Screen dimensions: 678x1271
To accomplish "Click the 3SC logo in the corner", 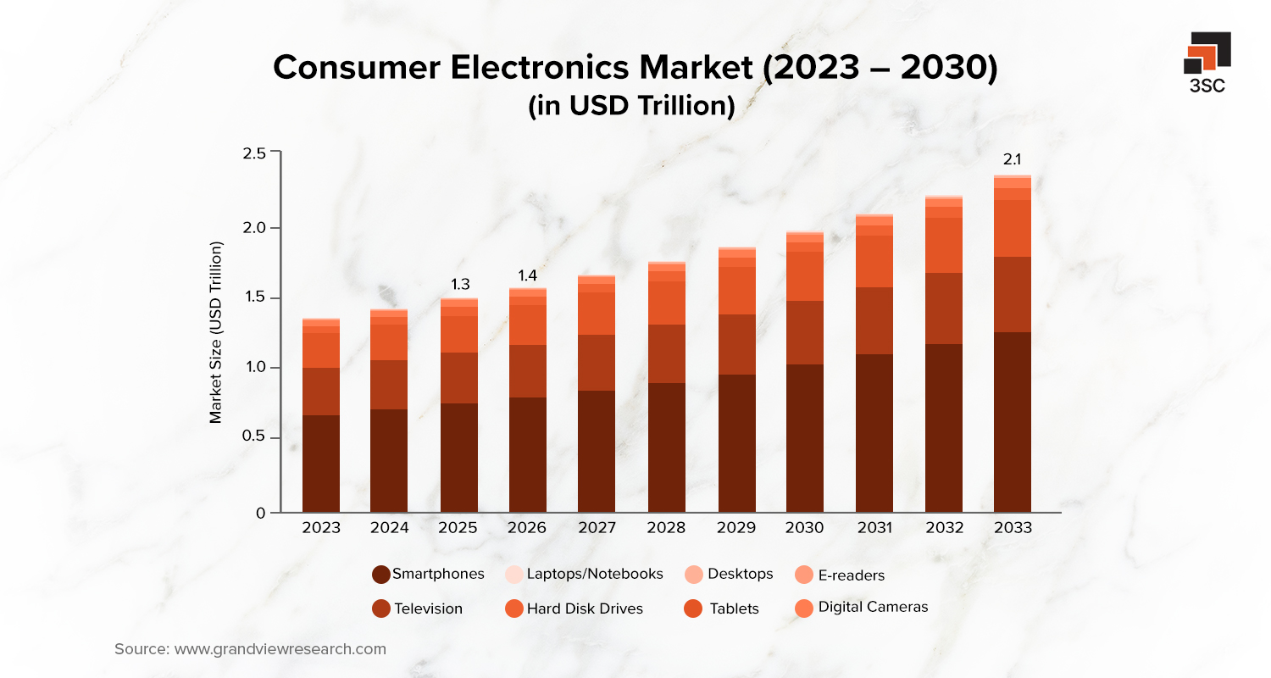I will pos(1207,61).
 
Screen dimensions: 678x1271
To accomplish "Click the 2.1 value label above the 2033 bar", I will pos(1013,158).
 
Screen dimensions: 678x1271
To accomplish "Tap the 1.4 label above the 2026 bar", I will pos(528,275).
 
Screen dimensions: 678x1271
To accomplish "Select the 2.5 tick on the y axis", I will pos(255,153).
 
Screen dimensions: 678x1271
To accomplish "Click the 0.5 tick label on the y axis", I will pos(255,438).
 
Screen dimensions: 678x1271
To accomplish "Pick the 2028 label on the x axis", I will pos(666,528).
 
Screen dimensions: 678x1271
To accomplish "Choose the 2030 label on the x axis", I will pos(804,528).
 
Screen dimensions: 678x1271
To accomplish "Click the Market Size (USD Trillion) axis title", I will pos(216,332).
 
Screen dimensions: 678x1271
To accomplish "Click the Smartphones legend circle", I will pos(381,575).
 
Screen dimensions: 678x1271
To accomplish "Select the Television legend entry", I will pos(418,609).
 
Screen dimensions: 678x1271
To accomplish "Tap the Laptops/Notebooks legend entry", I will pos(584,575).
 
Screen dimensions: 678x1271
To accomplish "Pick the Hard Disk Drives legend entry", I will pos(574,609).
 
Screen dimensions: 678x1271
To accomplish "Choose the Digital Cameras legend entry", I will pos(862,608).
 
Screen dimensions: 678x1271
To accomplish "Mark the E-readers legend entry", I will pos(841,575).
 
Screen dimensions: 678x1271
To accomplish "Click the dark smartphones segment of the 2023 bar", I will pos(320,464).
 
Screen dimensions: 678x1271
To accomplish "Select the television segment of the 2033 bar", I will pos(1013,294).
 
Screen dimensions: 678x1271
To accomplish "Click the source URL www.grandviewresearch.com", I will pos(280,650).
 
